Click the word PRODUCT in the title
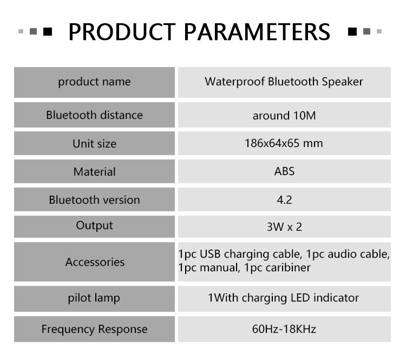pos(122,32)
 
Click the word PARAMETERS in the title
pos(257,32)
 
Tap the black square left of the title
pos(48,31)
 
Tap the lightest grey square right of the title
pos(379,31)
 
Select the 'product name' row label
pos(95,82)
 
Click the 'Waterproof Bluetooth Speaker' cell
pos(284,82)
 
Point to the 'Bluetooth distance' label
pos(95,115)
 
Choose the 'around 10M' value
pos(284,116)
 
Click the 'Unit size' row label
pos(95,143)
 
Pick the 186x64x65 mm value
pos(284,143)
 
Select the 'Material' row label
pos(95,172)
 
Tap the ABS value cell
pos(284,171)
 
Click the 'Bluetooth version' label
pos(95,200)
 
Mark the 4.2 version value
pos(284,200)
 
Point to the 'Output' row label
pos(95,225)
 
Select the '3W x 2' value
pos(284,227)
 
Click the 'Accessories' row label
pos(95,262)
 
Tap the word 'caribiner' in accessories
pos(288,268)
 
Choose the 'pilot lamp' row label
pos(94,298)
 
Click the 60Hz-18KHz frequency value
pos(284,329)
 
